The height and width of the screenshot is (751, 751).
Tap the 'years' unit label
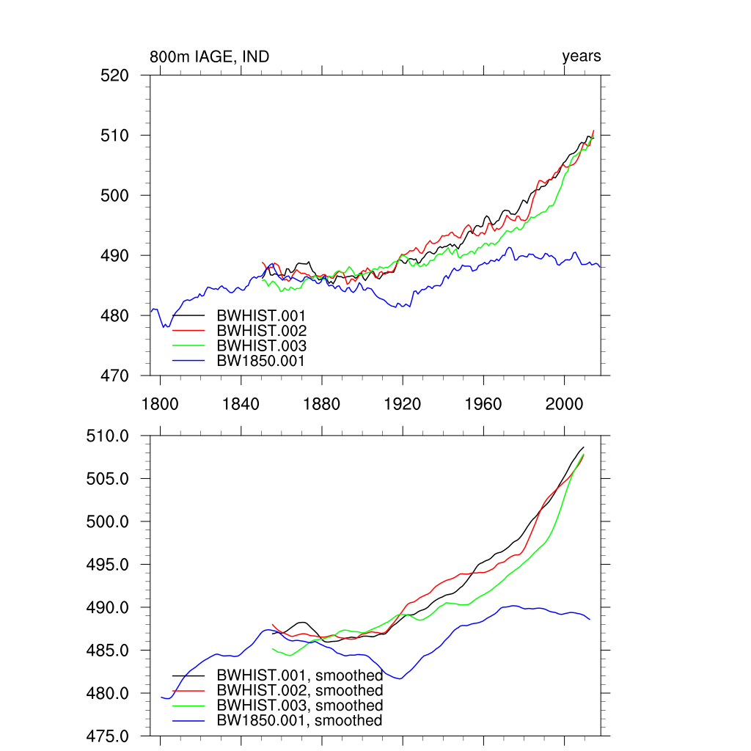click(582, 56)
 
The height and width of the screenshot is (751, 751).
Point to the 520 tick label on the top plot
click(114, 76)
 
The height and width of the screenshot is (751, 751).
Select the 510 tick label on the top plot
click(114, 136)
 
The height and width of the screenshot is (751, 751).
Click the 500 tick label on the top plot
click(114, 196)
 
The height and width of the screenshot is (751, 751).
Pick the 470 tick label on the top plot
click(114, 375)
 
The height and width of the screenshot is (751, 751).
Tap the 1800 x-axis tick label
click(160, 404)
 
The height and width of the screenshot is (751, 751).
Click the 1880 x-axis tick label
click(321, 404)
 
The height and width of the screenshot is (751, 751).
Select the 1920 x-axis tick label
click(402, 404)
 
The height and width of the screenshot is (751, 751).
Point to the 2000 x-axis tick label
click(563, 404)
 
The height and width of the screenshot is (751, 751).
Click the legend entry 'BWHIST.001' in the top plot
click(261, 316)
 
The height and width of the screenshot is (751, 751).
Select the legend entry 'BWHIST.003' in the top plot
click(261, 345)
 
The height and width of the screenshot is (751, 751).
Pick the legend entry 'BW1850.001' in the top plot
click(261, 360)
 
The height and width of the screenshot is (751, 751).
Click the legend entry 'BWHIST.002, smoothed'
click(300, 691)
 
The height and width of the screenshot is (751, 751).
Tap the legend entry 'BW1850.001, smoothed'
click(300, 721)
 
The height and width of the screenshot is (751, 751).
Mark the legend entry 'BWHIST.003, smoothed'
click(300, 706)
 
